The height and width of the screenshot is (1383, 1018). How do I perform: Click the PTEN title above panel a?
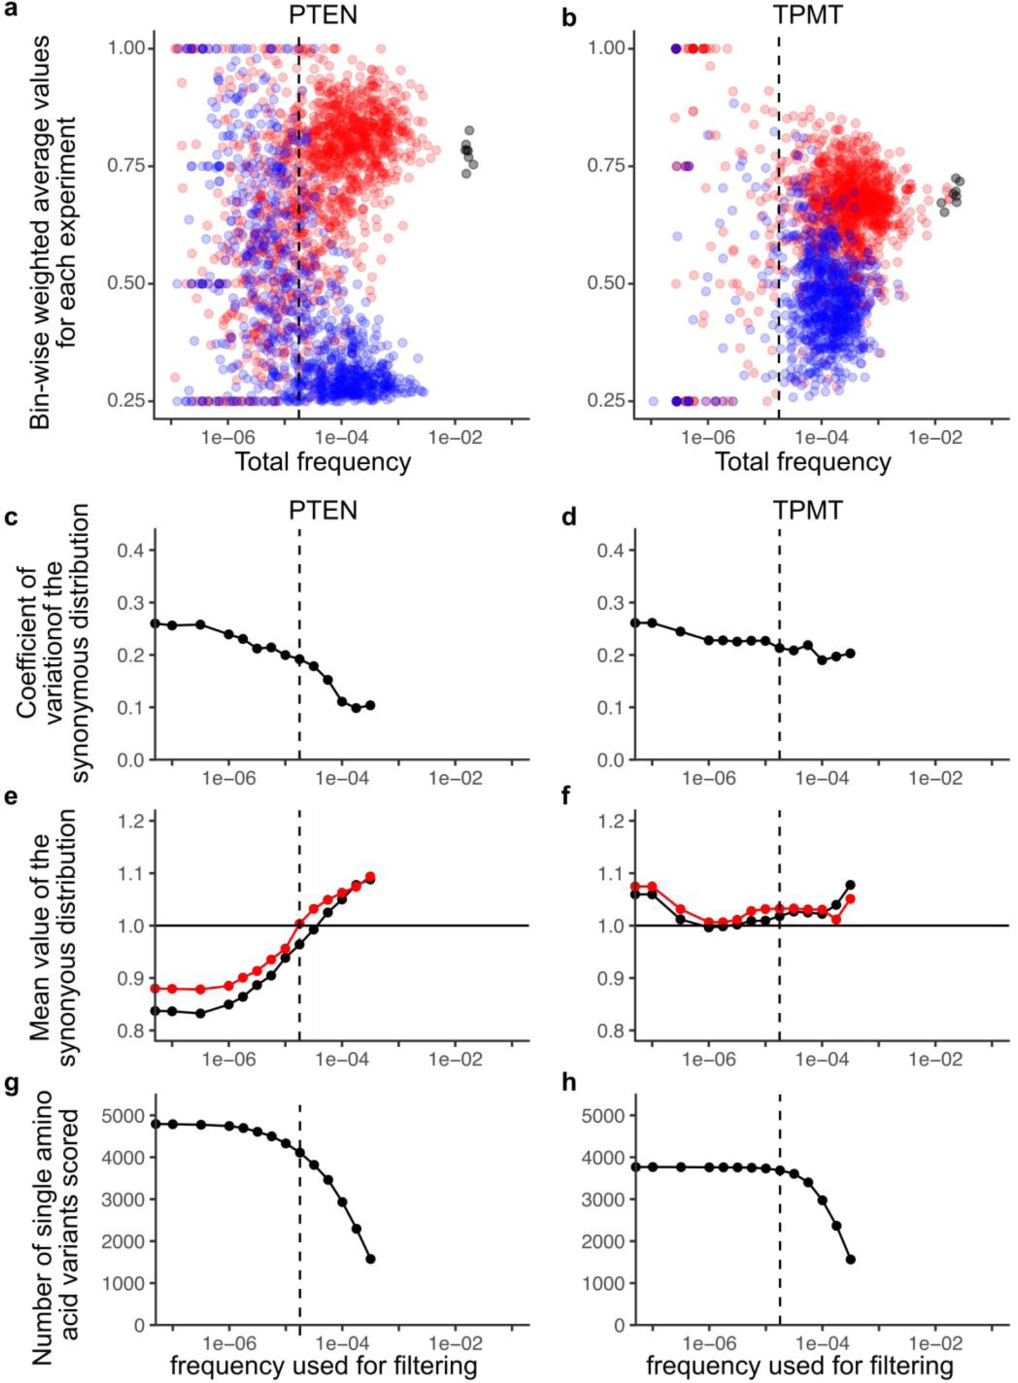click(323, 14)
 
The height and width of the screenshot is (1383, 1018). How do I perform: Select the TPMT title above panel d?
click(808, 511)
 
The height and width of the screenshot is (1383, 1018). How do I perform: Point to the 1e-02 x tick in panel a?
click(455, 438)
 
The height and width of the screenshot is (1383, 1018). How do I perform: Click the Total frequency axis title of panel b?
click(803, 462)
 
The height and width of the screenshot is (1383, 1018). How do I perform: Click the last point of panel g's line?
click(371, 1259)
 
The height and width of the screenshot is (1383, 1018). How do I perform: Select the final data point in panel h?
click(850, 1259)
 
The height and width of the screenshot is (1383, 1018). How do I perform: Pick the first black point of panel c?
click(155, 623)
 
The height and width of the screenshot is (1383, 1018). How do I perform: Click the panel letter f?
click(568, 796)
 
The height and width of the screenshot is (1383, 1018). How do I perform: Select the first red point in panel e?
click(155, 989)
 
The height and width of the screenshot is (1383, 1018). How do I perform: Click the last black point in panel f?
click(850, 885)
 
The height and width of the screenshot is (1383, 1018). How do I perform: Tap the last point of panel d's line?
click(850, 654)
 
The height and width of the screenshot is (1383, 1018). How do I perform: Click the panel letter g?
click(11, 1085)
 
